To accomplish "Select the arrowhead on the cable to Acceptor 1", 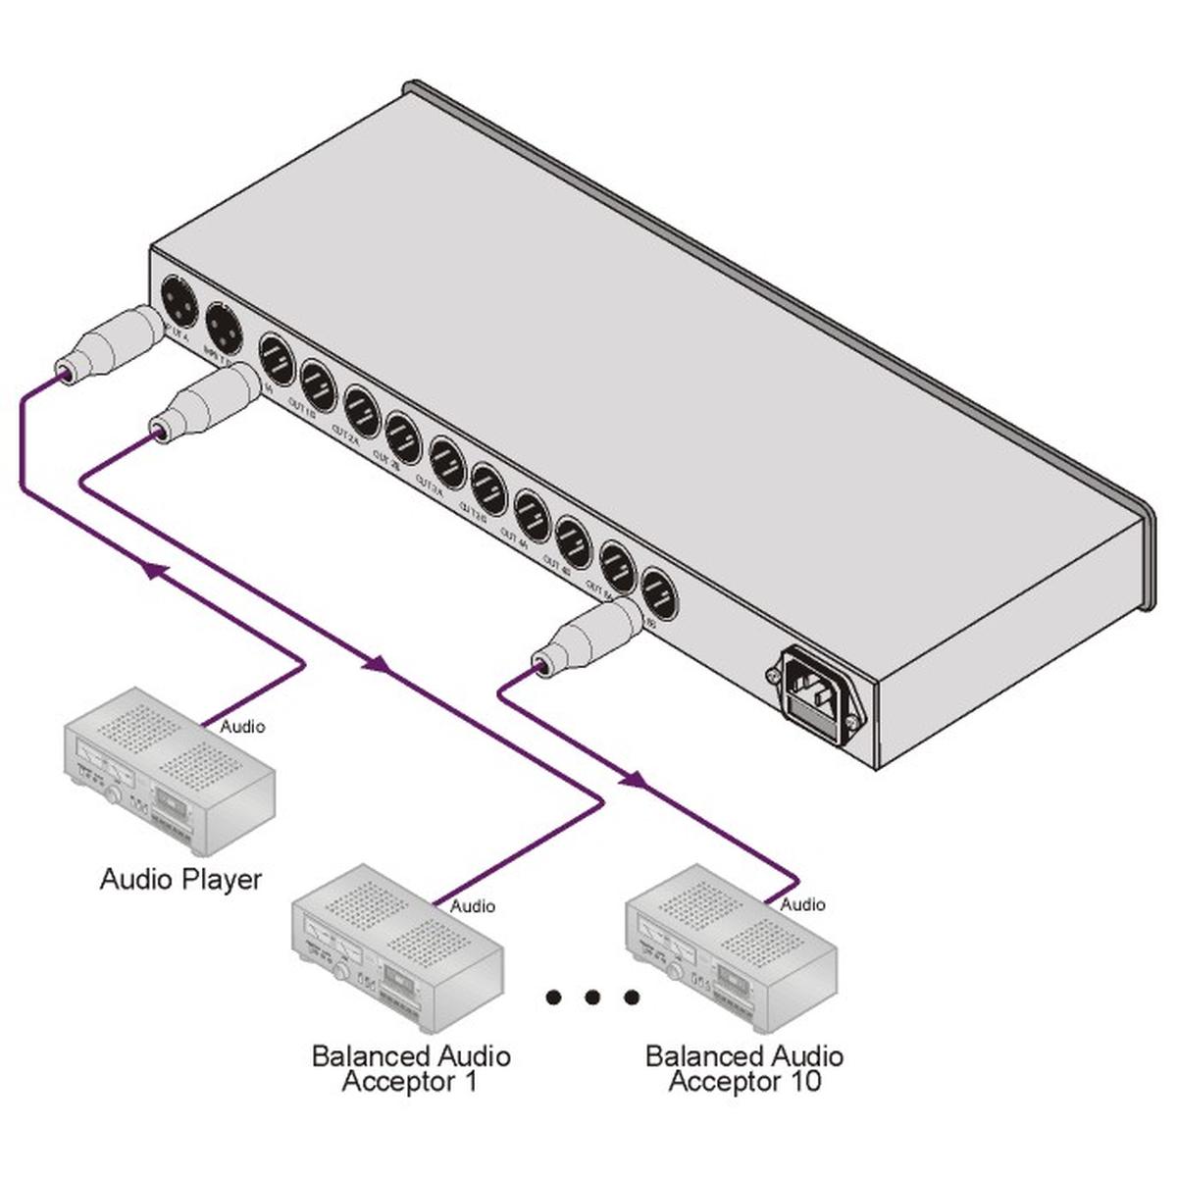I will click(x=376, y=665).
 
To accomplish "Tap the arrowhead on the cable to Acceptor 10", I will click(x=634, y=781).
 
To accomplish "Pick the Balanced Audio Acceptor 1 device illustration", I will click(x=398, y=946).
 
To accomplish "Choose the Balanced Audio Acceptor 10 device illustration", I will click(x=731, y=947).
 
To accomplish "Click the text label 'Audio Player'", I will click(x=181, y=878).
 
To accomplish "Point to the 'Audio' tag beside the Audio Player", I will click(x=242, y=727).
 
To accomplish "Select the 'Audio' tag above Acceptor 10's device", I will click(x=802, y=903).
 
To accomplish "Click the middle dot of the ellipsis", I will click(x=592, y=998).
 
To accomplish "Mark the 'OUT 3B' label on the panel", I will click(x=474, y=513).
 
